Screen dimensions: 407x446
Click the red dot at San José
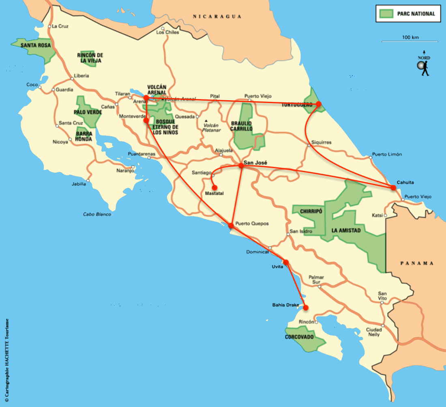click(241, 166)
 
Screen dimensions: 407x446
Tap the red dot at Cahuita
click(393, 187)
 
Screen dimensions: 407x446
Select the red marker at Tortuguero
click(319, 104)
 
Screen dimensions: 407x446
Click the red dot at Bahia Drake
click(306, 308)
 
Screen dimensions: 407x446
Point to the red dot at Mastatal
click(213, 187)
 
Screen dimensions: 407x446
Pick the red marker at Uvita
click(286, 262)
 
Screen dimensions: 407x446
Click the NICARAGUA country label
click(217, 17)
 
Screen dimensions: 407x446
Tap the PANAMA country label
click(417, 263)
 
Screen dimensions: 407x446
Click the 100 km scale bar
click(410, 41)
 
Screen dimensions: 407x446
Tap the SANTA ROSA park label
click(36, 45)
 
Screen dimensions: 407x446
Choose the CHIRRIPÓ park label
click(311, 211)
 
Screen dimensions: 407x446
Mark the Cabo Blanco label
click(97, 214)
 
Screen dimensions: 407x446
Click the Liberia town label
click(81, 76)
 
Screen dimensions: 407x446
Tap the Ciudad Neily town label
click(373, 332)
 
